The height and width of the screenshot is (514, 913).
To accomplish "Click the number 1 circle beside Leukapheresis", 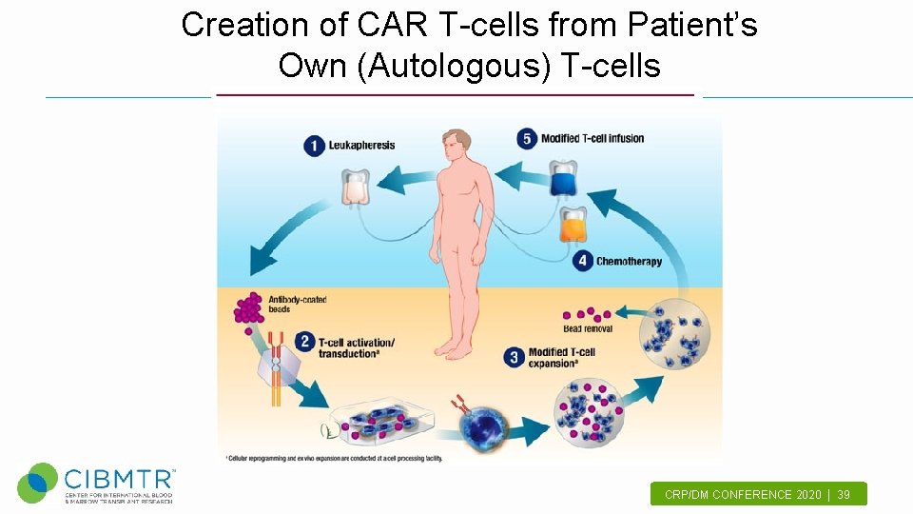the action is (315, 146).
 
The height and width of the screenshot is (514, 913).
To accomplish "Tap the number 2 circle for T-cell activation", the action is (304, 341).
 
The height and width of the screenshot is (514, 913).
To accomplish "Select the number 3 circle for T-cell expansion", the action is (515, 357).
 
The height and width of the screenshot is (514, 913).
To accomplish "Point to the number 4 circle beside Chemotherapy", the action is (582, 261).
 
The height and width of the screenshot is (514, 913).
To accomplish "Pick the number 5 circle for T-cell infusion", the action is (527, 139).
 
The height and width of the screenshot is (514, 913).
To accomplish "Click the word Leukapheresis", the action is (361, 146).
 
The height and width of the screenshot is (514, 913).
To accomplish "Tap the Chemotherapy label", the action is (629, 262).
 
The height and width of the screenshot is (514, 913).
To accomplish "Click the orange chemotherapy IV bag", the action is (572, 227).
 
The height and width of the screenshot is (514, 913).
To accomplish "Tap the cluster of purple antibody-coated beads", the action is (249, 308).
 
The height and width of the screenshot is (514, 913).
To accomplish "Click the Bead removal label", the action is (588, 329).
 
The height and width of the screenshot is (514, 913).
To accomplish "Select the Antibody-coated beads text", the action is (297, 305).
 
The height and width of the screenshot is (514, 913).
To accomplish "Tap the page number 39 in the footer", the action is (844, 495).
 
